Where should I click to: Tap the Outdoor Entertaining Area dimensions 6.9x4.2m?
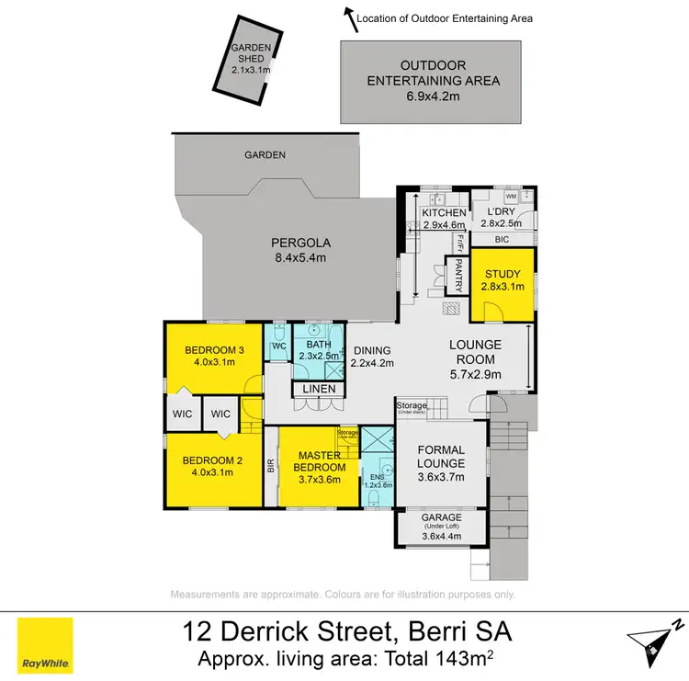click(x=434, y=95)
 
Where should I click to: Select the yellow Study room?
click(x=503, y=284)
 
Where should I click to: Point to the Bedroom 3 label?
click(x=210, y=349)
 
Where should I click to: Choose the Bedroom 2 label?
click(x=210, y=460)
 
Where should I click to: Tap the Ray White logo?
click(x=45, y=644)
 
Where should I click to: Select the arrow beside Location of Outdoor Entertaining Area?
click(x=349, y=16)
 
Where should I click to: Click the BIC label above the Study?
click(x=502, y=238)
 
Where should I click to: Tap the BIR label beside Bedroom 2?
click(x=271, y=466)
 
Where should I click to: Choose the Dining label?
click(x=371, y=350)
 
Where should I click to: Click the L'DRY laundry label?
click(x=501, y=213)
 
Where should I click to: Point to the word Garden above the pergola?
click(x=265, y=155)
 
